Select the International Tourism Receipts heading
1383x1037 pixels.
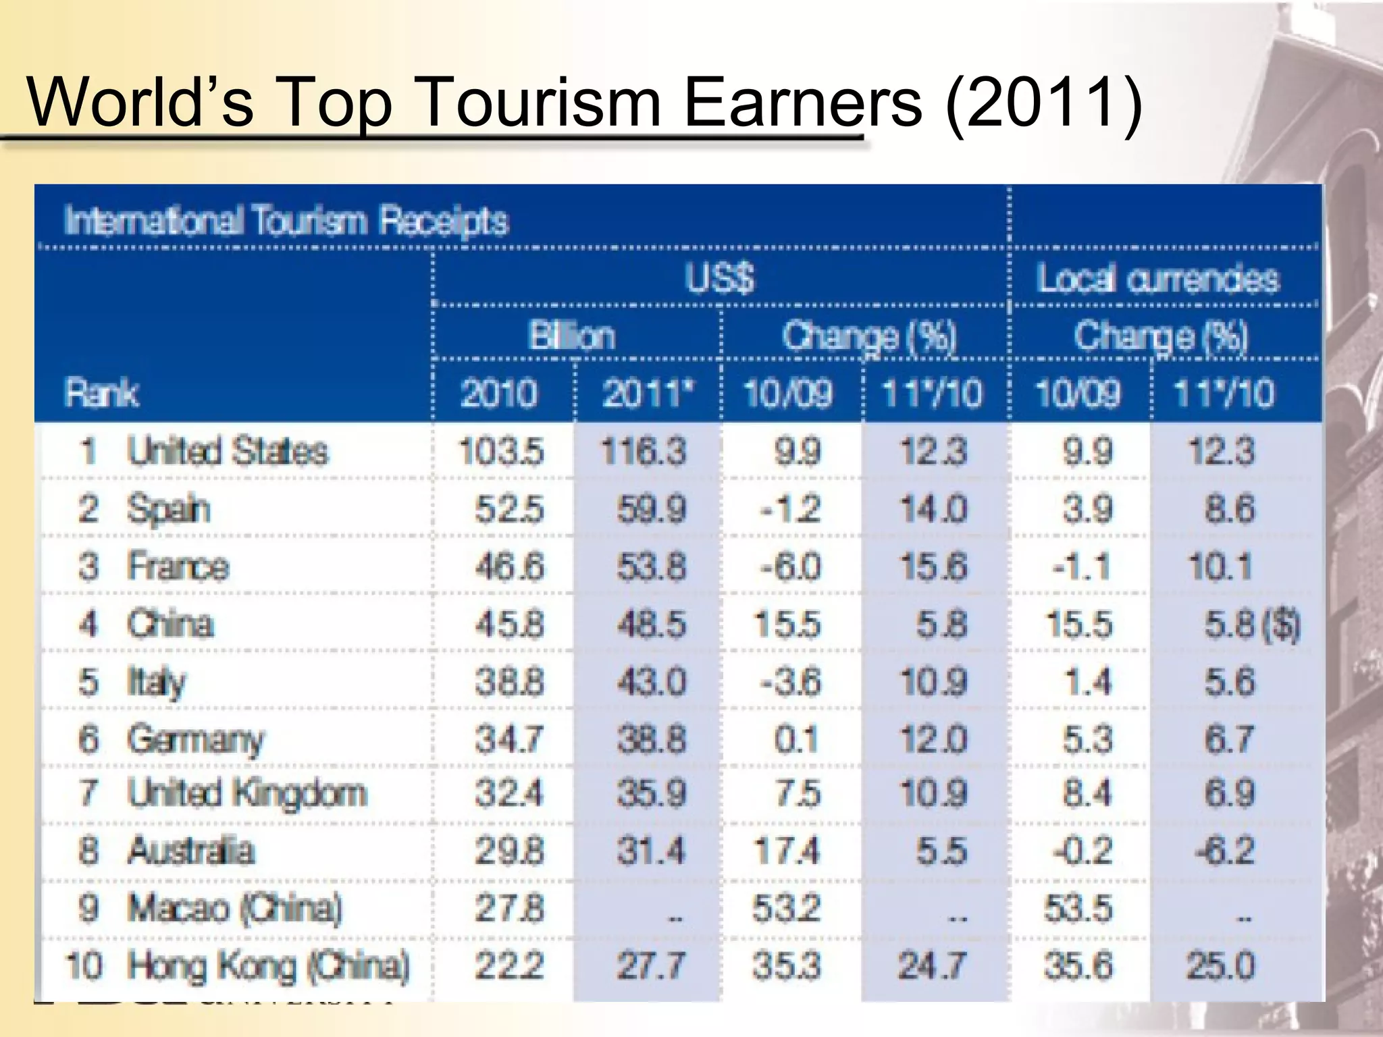[286, 220]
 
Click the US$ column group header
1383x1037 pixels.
[720, 278]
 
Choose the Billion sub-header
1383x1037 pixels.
[572, 336]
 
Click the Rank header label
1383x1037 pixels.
[102, 393]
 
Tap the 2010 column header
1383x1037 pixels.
[499, 393]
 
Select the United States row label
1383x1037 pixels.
[228, 451]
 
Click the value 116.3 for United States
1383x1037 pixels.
[644, 451]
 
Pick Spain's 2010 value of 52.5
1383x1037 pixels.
[508, 509]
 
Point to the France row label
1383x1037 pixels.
[178, 566]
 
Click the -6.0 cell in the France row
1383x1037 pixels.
[790, 566]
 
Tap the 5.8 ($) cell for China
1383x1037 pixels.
[1251, 624]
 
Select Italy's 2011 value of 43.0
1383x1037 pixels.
[651, 681]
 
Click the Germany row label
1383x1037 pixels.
[195, 739]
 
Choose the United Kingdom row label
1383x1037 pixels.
[247, 793]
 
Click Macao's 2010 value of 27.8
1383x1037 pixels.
[508, 908]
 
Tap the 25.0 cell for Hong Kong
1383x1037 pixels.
[1221, 965]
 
